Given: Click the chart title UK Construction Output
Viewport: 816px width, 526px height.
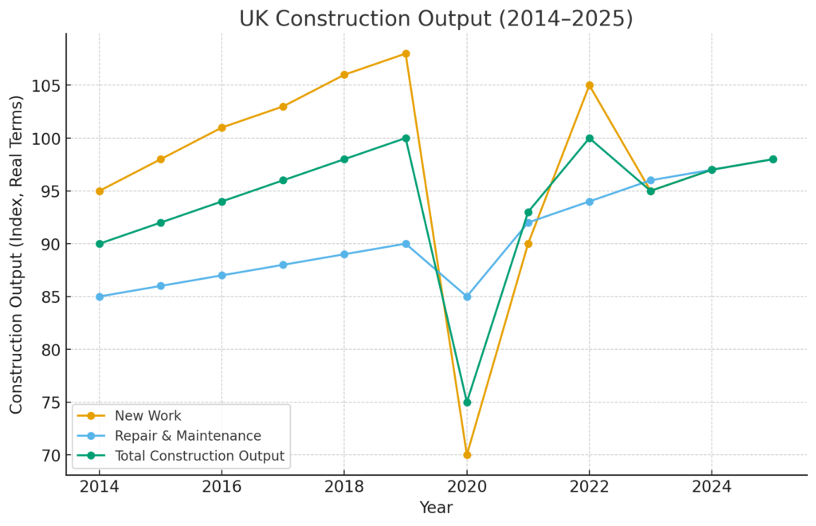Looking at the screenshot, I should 436,18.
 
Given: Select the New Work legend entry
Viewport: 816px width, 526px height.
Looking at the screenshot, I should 147,415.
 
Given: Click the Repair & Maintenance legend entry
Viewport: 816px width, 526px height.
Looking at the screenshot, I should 187,436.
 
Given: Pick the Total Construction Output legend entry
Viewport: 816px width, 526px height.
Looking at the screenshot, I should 199,456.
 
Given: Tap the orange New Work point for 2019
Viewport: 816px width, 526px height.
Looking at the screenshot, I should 406,54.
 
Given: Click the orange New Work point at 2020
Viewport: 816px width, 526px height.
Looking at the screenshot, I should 467,455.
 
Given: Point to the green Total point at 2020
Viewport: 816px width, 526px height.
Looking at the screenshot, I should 467,402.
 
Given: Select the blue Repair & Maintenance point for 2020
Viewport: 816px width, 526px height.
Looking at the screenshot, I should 467,296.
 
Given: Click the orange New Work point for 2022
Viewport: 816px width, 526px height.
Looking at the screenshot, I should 590,85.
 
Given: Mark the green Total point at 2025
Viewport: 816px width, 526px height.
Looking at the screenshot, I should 773,159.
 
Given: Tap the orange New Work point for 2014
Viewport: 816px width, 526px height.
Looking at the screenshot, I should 100,191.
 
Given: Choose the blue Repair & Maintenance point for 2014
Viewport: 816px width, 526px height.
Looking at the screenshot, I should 100,296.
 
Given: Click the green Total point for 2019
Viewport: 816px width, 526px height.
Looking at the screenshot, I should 406,138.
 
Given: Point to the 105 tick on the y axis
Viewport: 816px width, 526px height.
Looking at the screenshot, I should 47,85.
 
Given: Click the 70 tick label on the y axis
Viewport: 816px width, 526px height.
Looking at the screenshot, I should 50,455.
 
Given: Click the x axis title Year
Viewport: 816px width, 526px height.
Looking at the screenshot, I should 436,508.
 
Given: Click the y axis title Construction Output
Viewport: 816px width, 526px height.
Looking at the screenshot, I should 17,254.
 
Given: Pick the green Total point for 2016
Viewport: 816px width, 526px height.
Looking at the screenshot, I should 222,202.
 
